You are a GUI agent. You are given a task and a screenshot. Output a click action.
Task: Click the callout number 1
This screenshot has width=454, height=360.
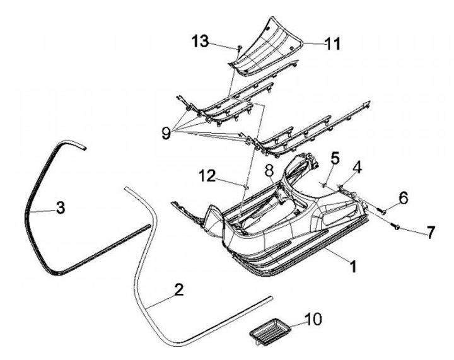(x=352, y=267)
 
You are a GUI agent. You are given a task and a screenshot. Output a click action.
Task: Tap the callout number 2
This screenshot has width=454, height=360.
(x=178, y=290)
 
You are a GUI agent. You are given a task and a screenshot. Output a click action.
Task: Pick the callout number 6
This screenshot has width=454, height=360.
(x=402, y=197)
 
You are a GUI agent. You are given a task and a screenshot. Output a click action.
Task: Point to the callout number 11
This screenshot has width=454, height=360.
(x=332, y=44)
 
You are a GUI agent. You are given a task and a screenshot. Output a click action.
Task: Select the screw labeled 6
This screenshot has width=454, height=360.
(x=382, y=211)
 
